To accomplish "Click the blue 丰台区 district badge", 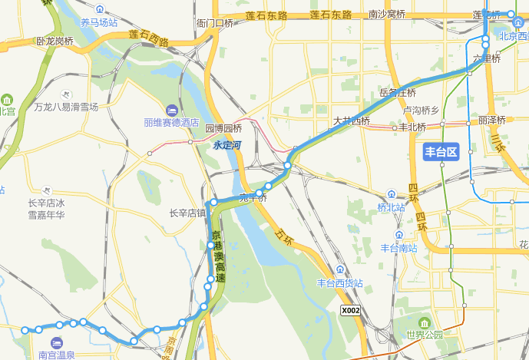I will (441, 151).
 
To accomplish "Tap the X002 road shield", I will (350, 310).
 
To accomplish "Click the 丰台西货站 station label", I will (339, 282).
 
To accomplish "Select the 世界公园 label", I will (425, 335).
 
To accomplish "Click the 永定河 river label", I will (228, 144).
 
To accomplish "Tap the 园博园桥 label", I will (223, 129).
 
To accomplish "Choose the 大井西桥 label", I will (352, 121).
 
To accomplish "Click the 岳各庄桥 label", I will (398, 93).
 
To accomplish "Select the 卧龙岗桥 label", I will (55, 41).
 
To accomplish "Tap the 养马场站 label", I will (99, 22).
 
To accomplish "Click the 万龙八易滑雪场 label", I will (66, 107).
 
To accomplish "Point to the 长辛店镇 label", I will (187, 213).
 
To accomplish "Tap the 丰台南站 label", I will (399, 248).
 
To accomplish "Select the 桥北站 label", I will (391, 207).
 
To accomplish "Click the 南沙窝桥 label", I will (387, 15).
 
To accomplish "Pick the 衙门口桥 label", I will (214, 24).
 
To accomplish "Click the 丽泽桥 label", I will (491, 121).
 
